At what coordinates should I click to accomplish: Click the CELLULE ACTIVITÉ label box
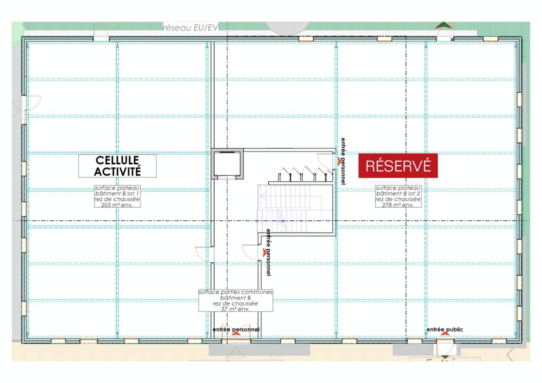tap(117, 166)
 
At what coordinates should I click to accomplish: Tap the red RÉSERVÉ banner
tap(398, 165)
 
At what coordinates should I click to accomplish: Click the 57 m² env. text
tap(235, 309)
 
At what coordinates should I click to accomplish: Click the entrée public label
tap(445, 330)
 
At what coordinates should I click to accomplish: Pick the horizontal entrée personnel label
tap(236, 330)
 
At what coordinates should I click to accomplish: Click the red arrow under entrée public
tap(445, 335)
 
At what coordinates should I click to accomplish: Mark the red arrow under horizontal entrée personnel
tap(236, 335)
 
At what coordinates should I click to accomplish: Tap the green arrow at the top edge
tap(443, 25)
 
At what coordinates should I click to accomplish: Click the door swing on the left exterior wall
tap(34, 103)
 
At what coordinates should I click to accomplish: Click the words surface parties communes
tap(235, 292)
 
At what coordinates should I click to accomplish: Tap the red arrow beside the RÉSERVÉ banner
tap(339, 161)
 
